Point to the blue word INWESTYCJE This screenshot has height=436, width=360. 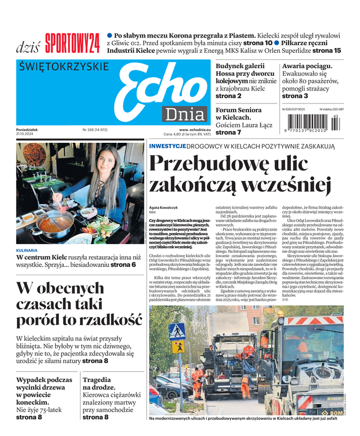click(x=168, y=146)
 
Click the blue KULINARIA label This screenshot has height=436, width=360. click(x=27, y=251)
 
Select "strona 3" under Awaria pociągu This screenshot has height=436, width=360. click(x=295, y=96)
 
